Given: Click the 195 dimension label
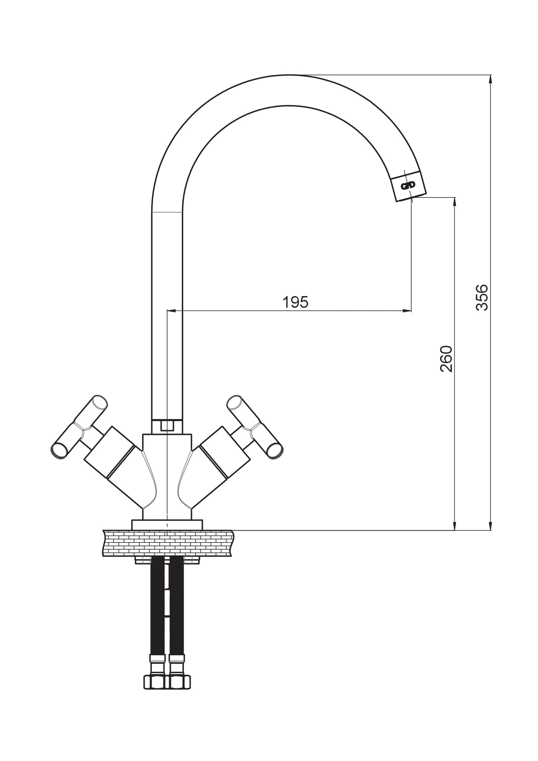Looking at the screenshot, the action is (x=296, y=302).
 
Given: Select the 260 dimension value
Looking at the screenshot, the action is (x=446, y=359).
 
